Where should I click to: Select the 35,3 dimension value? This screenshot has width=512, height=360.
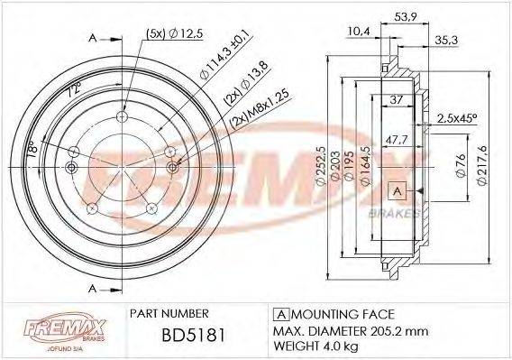pos(445,40)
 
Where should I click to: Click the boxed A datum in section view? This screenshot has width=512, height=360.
pos(395,189)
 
